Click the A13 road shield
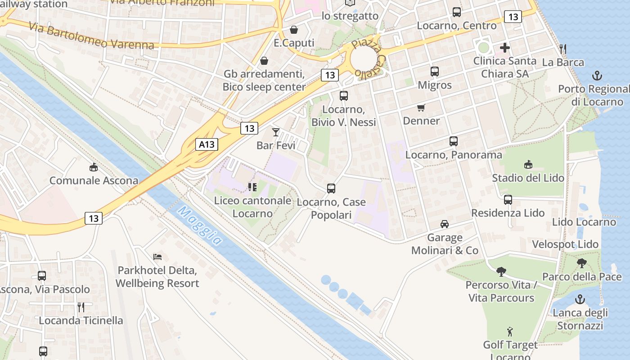[207, 144]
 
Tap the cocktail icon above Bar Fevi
[276, 132]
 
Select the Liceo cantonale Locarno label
[252, 207]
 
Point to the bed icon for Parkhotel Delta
[157, 257]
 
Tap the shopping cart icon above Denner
[421, 108]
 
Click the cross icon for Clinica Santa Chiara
[505, 48]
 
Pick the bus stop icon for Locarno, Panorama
[454, 141]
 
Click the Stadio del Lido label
[528, 178]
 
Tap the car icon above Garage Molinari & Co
[445, 224]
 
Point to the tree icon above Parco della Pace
[581, 263]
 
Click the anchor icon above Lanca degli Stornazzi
[580, 299]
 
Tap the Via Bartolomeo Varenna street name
[91, 36]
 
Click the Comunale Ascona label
[94, 180]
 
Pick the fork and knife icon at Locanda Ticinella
[81, 307]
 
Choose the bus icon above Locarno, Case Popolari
[331, 189]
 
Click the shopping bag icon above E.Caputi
[294, 30]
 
